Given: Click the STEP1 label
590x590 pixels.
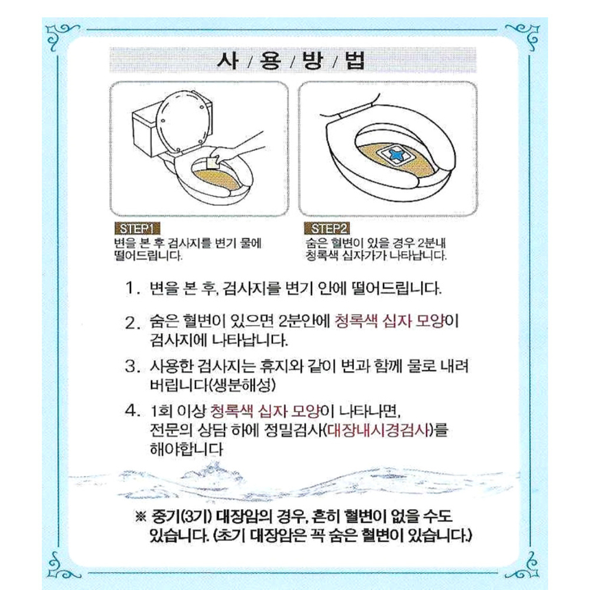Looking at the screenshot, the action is click(x=137, y=228).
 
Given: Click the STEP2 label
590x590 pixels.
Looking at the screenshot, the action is click(x=327, y=228).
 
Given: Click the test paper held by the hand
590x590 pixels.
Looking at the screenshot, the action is click(x=213, y=163).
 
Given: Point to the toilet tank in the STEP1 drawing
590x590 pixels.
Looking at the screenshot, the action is click(x=145, y=132).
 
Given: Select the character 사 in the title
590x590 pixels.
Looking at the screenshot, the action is click(x=228, y=60).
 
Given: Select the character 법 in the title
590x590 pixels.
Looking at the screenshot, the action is click(x=355, y=60).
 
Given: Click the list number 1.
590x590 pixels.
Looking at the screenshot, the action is click(x=132, y=289).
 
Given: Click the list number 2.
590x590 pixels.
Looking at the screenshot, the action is click(x=132, y=323).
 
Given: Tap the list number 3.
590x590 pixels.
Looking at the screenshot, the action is click(x=132, y=366).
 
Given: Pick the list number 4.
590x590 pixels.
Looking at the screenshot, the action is click(x=132, y=410).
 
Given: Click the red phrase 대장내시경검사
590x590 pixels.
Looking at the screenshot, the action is click(x=379, y=429).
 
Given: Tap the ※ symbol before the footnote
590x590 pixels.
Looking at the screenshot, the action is click(x=140, y=517).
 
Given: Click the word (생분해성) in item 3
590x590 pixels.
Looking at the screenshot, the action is click(x=241, y=385).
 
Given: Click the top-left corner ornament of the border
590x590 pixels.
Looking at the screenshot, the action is click(x=61, y=36).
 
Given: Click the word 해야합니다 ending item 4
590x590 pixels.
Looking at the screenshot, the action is click(x=186, y=449).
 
